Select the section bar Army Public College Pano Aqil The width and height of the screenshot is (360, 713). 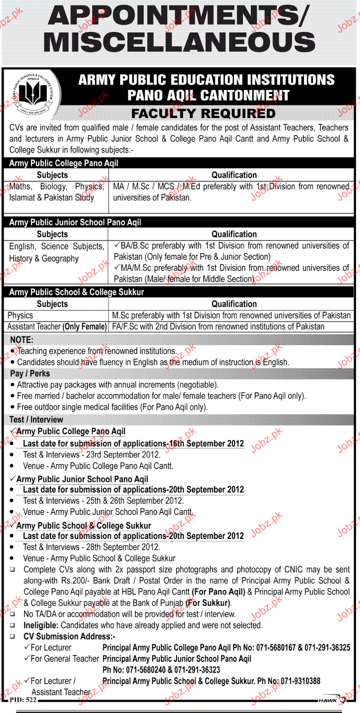(64, 163)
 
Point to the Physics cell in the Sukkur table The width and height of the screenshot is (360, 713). (21, 315)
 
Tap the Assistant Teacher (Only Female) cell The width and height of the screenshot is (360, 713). (57, 327)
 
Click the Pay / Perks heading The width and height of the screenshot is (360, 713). (30, 374)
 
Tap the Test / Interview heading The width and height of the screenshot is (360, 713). (36, 419)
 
